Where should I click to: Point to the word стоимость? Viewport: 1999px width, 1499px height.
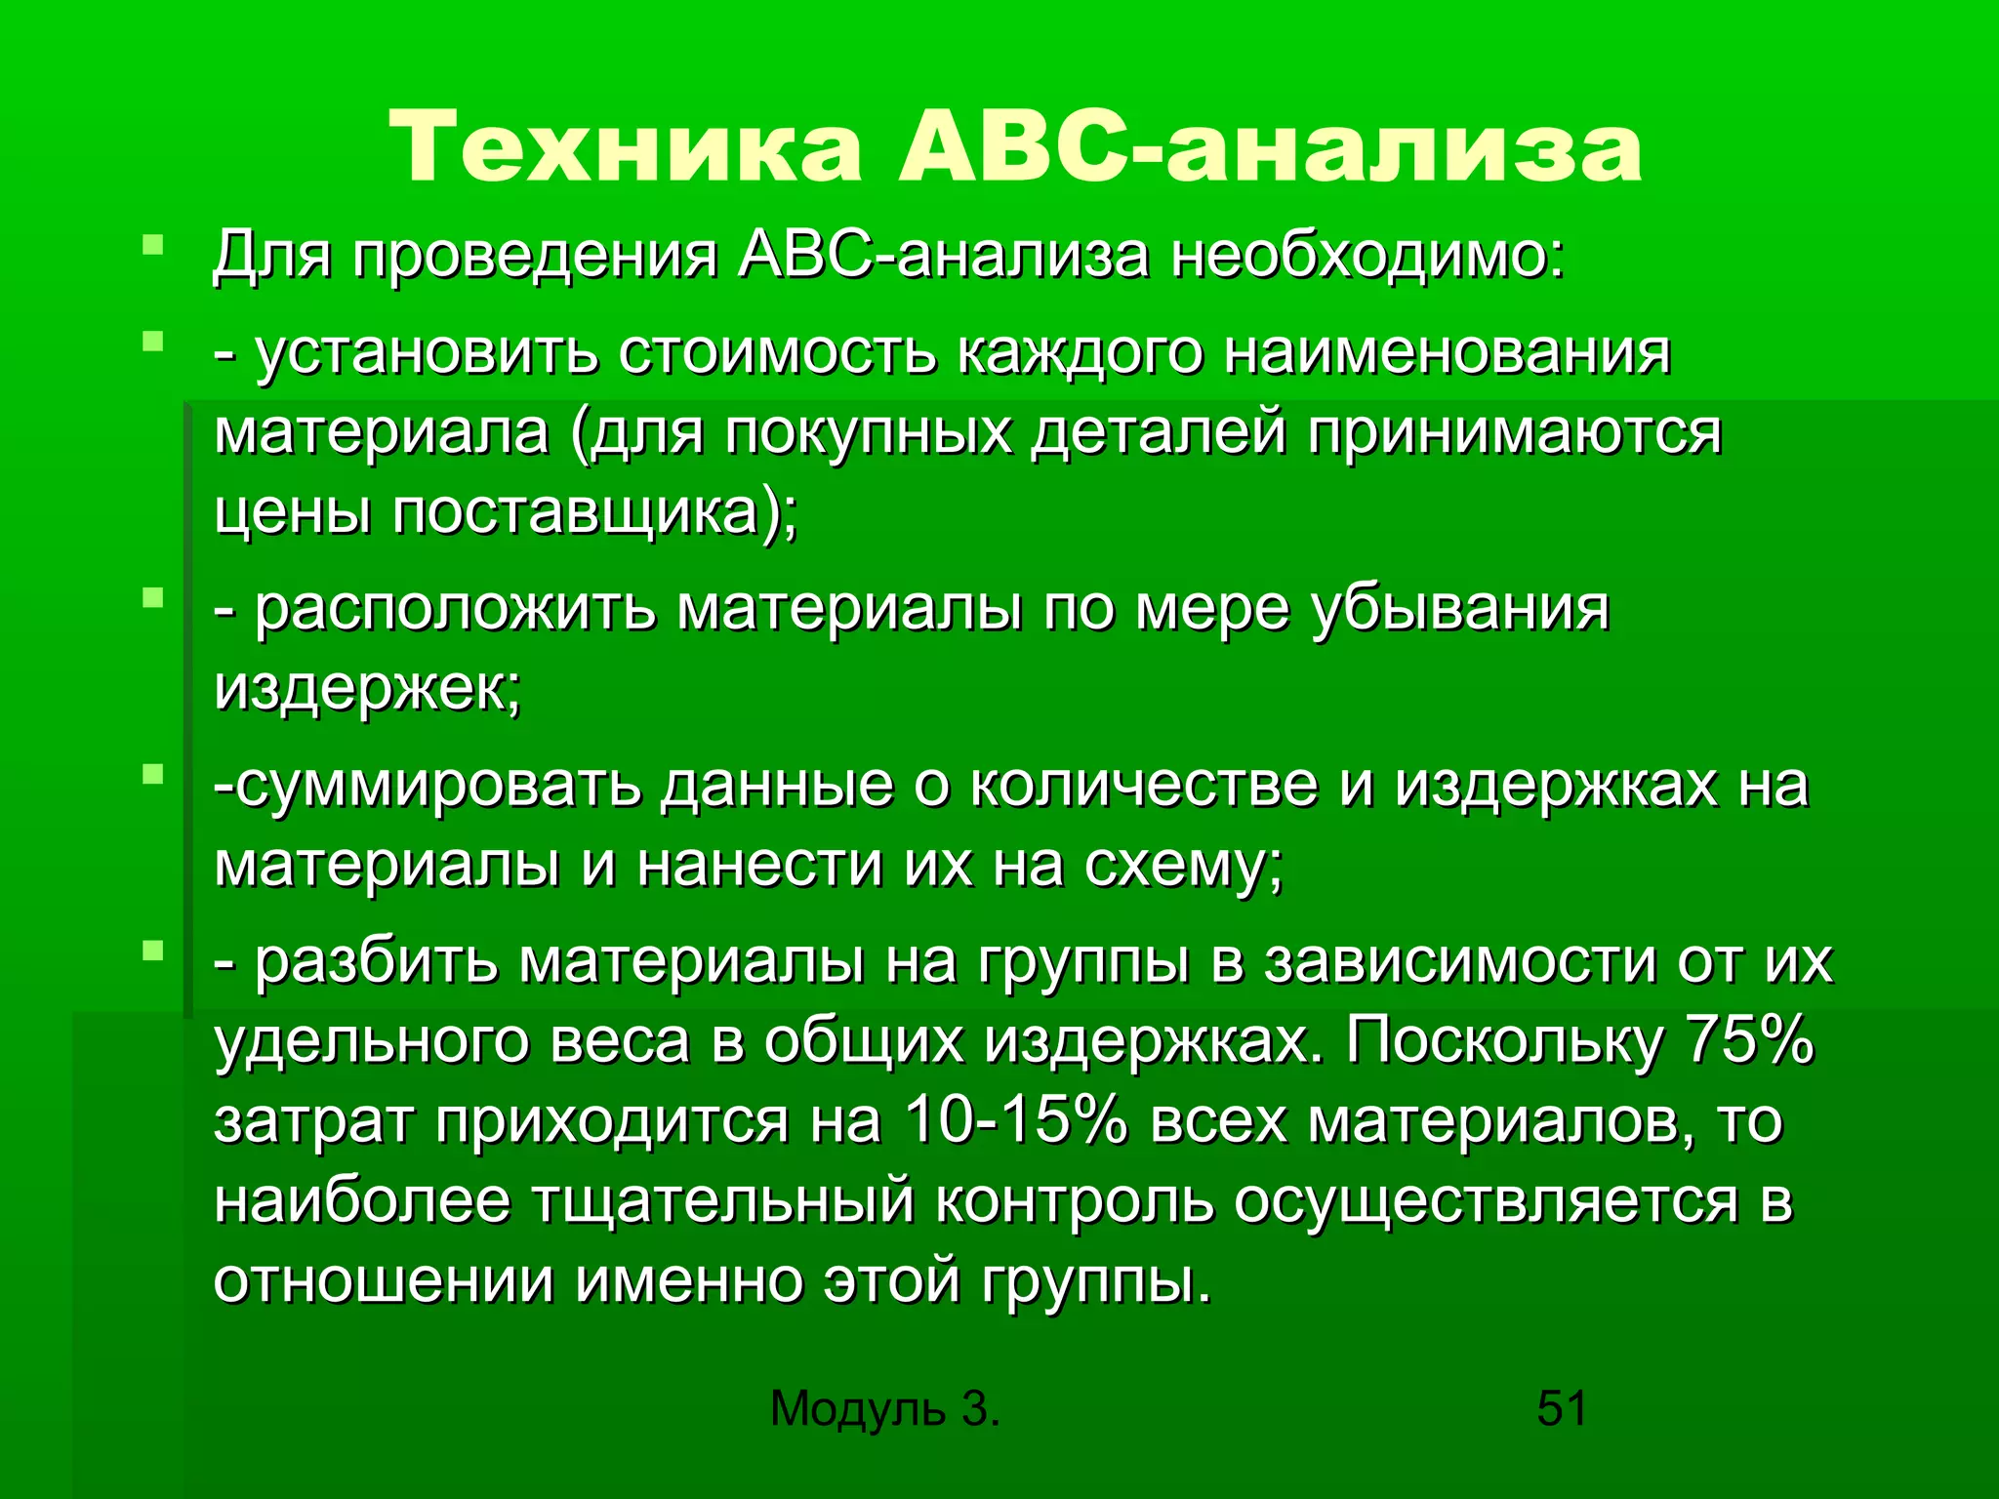777,352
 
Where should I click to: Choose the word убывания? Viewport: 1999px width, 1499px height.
1459,610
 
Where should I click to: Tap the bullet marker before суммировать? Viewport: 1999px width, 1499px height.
151,774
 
